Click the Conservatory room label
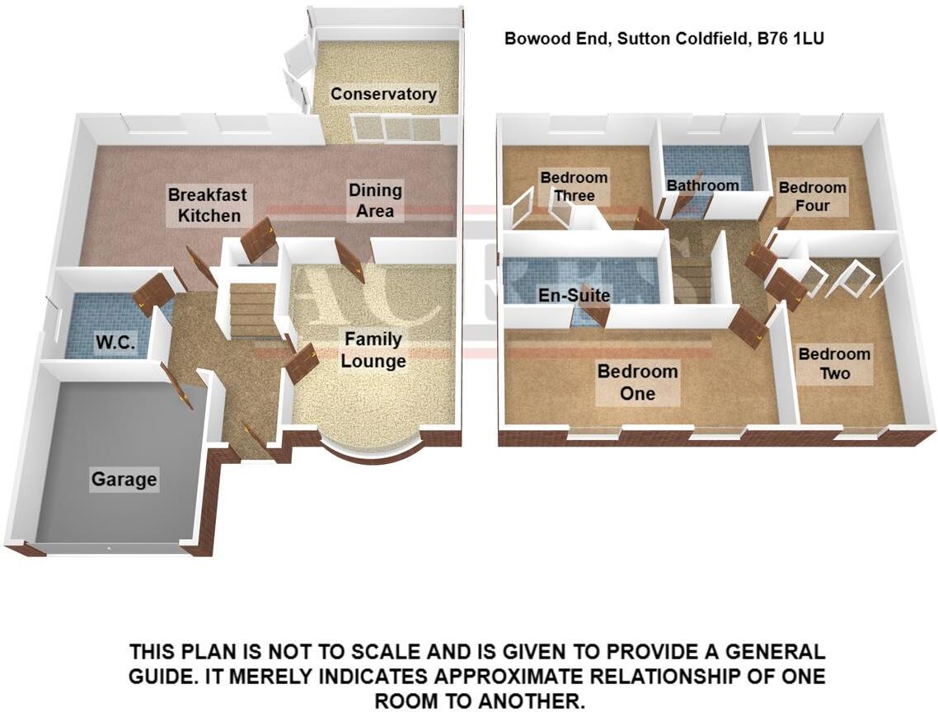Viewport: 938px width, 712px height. click(x=383, y=94)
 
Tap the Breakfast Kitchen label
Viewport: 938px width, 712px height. click(x=208, y=205)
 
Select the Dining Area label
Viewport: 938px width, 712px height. click(x=375, y=200)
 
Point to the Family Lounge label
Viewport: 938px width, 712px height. click(x=373, y=350)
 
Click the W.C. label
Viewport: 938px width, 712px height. click(x=115, y=343)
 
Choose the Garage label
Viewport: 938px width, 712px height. click(x=124, y=480)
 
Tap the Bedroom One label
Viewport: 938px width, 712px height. click(x=638, y=382)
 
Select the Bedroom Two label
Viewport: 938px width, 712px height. click(x=834, y=363)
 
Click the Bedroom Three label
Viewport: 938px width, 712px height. click(x=574, y=187)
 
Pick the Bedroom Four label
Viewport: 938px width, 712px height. click(x=813, y=196)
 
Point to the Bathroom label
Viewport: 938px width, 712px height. click(x=702, y=185)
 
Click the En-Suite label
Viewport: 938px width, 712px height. click(x=575, y=295)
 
